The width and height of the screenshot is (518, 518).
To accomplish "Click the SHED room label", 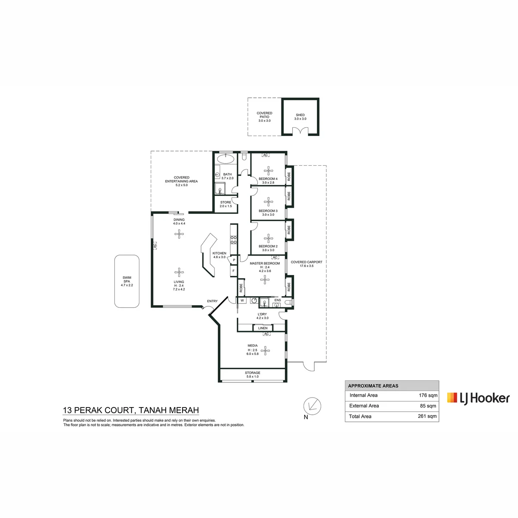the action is [300, 117].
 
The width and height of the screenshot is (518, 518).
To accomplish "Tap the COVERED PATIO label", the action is [264, 117].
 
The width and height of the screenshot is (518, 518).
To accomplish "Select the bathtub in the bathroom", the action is [225, 158].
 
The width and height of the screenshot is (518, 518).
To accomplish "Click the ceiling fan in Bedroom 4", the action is [268, 171].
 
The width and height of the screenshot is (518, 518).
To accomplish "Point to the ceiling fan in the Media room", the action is [265, 350].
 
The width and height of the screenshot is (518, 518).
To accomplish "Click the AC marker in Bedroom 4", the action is [265, 155].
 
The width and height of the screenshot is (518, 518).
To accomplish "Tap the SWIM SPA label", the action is [126, 281].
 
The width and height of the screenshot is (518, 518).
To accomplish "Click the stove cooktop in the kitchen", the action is [234, 240].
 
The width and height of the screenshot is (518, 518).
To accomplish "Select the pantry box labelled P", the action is [234, 260].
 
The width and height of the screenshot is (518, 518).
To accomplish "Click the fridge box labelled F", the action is [234, 271].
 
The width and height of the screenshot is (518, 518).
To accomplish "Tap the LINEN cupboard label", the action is [262, 328].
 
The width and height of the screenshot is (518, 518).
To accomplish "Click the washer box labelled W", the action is [242, 300].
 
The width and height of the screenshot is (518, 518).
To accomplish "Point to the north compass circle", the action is [312, 406].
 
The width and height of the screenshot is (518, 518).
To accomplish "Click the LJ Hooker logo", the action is [478, 398].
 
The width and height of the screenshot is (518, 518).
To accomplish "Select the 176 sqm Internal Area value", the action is [428, 395].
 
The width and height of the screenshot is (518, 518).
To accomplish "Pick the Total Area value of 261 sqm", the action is [427, 416].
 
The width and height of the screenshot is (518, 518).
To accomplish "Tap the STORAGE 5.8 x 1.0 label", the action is [253, 374].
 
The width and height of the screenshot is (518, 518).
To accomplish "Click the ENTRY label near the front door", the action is [212, 301].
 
